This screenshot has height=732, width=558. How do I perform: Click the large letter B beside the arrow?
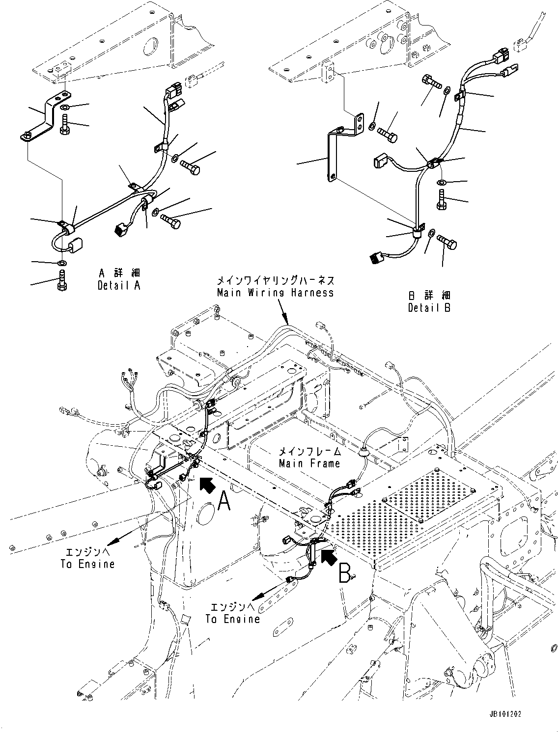click(345, 572)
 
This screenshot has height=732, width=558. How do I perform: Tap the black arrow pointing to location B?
click(329, 556)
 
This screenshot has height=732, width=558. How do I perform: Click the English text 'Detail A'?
click(119, 285)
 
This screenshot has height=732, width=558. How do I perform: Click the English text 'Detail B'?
click(429, 308)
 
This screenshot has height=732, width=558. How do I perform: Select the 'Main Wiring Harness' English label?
click(275, 293)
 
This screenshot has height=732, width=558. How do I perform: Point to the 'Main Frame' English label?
click(309, 463)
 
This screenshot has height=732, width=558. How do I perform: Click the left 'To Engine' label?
click(87, 564)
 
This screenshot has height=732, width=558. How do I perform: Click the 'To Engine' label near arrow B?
click(232, 619)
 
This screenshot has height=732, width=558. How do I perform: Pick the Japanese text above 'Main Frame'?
click(309, 451)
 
